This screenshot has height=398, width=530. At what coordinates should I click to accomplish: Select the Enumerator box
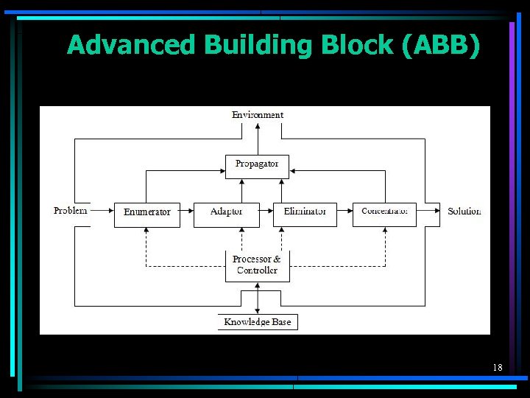pyautogui.click(x=147, y=214)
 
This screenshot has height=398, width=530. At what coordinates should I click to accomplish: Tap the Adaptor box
pyautogui.click(x=227, y=214)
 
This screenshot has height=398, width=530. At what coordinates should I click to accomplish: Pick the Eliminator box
pyautogui.click(x=305, y=214)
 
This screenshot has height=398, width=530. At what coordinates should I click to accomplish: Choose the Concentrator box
pyautogui.click(x=384, y=214)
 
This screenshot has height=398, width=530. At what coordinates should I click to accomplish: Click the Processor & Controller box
pyautogui.click(x=257, y=266)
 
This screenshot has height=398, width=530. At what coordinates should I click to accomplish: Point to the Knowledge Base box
pyautogui.click(x=258, y=322)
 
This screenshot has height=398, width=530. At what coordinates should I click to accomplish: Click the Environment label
pyautogui.click(x=258, y=115)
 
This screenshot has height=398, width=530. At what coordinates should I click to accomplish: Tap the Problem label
pyautogui.click(x=71, y=211)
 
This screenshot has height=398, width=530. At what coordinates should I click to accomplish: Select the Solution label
pyautogui.click(x=464, y=212)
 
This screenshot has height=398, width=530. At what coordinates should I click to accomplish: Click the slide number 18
pyautogui.click(x=497, y=367)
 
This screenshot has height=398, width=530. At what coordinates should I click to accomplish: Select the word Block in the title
pyautogui.click(x=360, y=46)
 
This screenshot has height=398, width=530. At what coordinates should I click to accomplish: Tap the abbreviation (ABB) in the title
pyautogui.click(x=442, y=46)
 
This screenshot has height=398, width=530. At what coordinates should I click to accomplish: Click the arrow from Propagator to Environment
pyautogui.click(x=258, y=139)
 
